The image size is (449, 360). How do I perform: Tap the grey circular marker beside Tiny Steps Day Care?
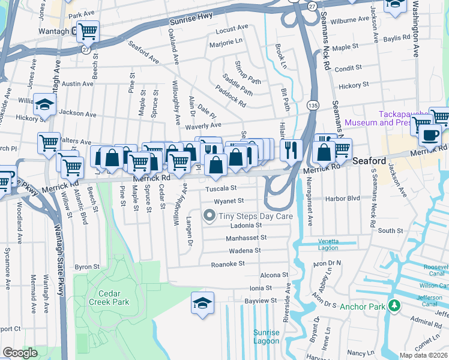[x=209, y=215]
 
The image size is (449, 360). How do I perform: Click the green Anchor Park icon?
[x=394, y=306]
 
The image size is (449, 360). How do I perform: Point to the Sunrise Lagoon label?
[x=266, y=337]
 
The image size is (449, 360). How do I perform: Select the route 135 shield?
[x=313, y=105]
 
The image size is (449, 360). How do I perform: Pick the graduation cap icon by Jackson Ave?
[x=44, y=104]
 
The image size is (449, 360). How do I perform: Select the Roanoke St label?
[x=228, y=263]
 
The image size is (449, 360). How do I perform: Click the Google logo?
[x=20, y=353]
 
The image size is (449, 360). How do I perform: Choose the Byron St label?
[x=86, y=266]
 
